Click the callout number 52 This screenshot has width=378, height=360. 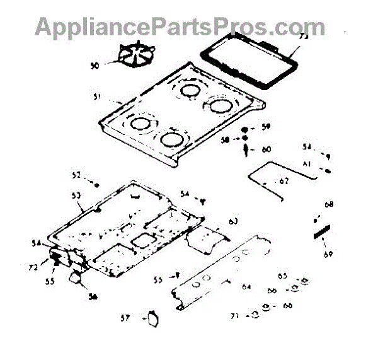click(76, 175)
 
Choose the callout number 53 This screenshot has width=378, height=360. click(76, 197)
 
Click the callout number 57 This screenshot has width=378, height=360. click(125, 318)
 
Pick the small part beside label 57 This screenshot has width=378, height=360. click(151, 318)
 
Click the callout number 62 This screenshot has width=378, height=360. click(283, 182)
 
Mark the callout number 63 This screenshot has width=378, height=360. click(233, 221)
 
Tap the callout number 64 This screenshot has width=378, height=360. click(246, 287)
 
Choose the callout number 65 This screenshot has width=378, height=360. click(283, 276)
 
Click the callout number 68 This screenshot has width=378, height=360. click(329, 205)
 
